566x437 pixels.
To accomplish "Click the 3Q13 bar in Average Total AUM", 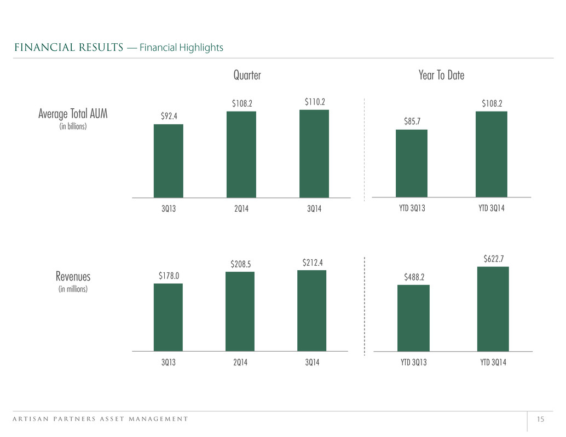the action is [168, 161].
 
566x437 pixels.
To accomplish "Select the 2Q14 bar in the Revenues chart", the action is [240, 311].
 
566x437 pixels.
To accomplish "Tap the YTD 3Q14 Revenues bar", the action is [493, 308].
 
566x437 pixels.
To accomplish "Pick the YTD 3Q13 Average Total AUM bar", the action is [412, 164].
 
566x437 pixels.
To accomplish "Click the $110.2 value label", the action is [315, 102].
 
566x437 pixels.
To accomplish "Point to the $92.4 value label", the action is [169, 116].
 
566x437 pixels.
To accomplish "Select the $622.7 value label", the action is [493, 259].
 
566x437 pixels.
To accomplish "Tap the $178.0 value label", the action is [169, 276].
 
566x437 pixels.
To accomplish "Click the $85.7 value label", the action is [412, 121].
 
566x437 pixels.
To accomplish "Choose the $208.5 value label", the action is [241, 264].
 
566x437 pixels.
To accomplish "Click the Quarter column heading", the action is [247, 75].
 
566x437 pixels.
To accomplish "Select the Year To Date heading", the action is [441, 75].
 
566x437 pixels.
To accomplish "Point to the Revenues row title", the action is [73, 277].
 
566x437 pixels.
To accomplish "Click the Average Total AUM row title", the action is [73, 114].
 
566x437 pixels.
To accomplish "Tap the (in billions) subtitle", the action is [73, 126].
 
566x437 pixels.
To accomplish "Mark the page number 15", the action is [540, 419].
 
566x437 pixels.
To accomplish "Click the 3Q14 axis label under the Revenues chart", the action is [312, 363].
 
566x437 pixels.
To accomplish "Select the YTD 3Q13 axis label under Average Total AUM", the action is [412, 208].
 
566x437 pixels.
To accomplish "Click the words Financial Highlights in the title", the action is [181, 48].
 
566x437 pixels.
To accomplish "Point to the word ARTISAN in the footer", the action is [31, 419].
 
